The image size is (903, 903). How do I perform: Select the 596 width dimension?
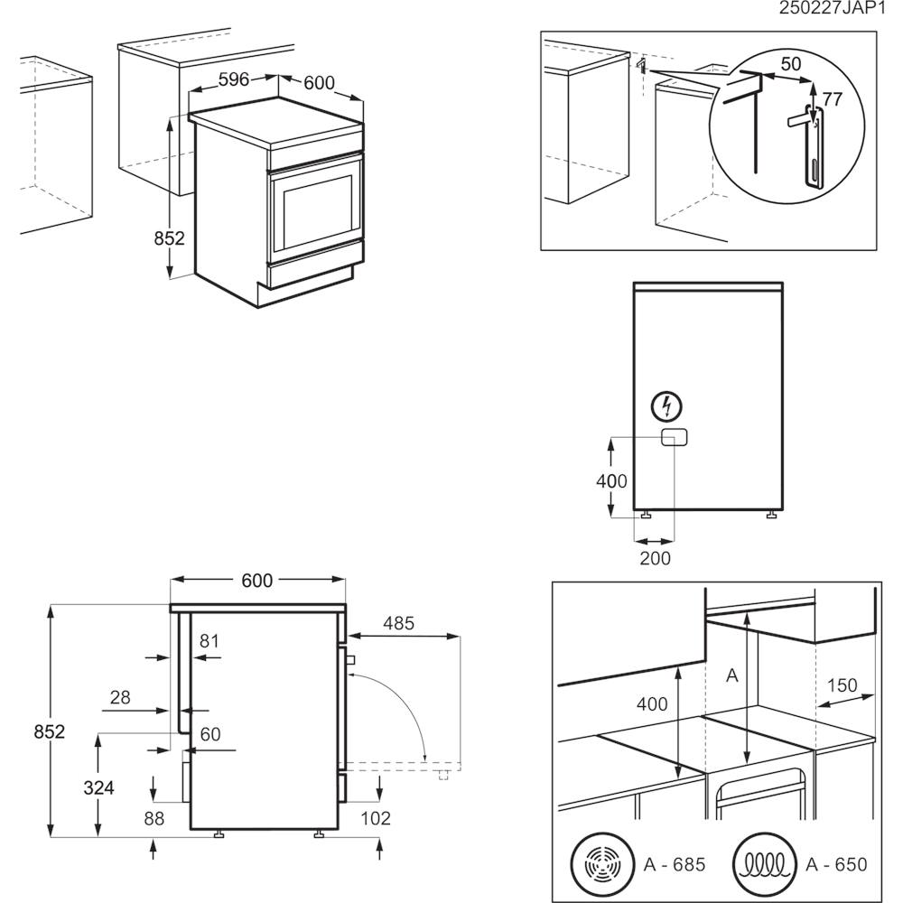(234, 79)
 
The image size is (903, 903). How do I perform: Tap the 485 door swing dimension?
(398, 623)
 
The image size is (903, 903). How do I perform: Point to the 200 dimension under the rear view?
(655, 559)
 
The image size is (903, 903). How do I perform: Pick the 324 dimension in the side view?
(99, 787)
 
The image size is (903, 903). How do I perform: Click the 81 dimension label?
(209, 641)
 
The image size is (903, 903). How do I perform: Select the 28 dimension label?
(120, 697)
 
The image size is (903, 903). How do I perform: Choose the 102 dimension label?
(376, 819)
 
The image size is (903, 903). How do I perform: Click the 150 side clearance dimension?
(842, 685)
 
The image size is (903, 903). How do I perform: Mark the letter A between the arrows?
(732, 675)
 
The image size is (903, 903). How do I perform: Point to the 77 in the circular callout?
(832, 99)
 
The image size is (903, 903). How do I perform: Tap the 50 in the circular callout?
(791, 64)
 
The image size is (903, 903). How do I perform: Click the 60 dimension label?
(210, 735)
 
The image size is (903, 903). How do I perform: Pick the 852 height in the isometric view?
(169, 238)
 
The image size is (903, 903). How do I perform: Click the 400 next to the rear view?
(611, 481)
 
